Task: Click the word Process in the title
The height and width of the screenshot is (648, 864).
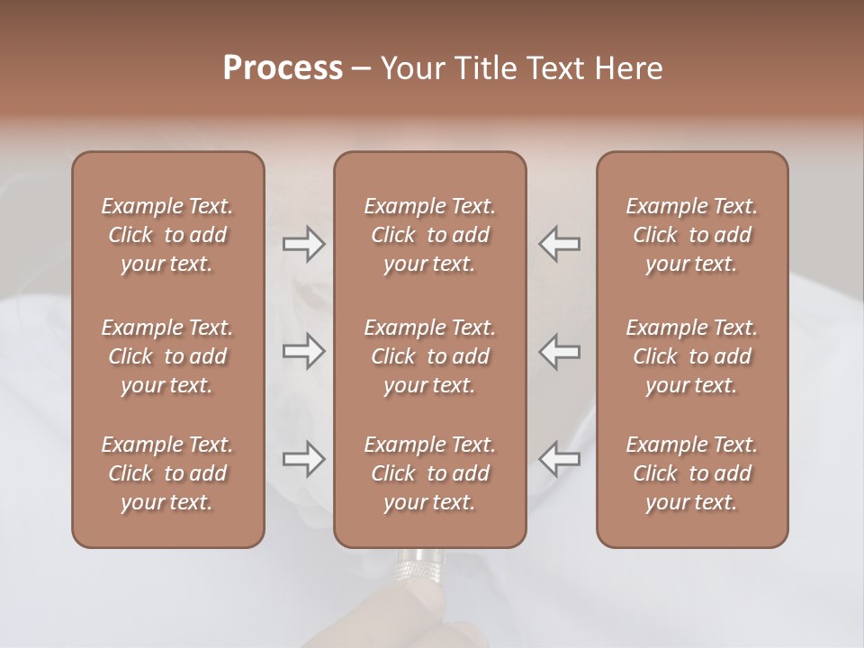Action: (x=283, y=68)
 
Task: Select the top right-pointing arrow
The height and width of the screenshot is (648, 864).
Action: (x=303, y=244)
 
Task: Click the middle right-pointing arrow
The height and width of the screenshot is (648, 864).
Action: (x=303, y=351)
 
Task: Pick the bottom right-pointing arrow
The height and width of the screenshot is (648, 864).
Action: (x=303, y=459)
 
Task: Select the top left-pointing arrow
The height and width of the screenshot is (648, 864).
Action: (x=560, y=244)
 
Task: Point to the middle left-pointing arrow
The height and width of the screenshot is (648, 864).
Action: (x=560, y=351)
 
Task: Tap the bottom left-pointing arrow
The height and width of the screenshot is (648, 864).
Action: (x=560, y=459)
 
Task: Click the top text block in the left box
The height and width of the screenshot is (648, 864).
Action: (x=167, y=235)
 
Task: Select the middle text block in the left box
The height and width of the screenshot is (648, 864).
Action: (x=167, y=356)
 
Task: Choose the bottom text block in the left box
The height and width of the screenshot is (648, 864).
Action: (x=167, y=473)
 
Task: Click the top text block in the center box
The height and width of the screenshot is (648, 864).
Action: (x=429, y=235)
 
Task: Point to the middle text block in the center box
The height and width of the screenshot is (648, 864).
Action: (x=429, y=356)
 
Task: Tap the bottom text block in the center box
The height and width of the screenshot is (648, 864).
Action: (x=429, y=473)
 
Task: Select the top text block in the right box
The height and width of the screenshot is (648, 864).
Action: (x=691, y=235)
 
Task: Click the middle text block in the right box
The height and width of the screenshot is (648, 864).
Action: (x=691, y=356)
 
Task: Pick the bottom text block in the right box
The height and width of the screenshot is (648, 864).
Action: (x=691, y=473)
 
